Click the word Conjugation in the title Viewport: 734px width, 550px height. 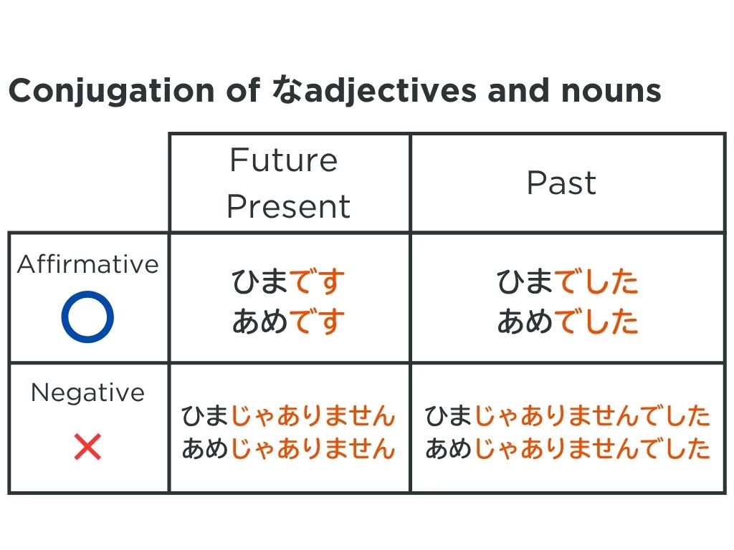coord(112,91)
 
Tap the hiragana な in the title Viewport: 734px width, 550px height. coord(287,90)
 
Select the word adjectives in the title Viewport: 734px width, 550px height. coord(391,91)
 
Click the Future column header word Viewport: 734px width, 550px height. coord(284,160)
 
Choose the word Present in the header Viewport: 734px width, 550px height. coord(289,206)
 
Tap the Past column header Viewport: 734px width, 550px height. coord(561,183)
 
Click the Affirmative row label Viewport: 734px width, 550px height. coord(88,264)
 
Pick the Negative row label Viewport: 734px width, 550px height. coord(87,393)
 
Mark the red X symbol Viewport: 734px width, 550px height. coord(87,447)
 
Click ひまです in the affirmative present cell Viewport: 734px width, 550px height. coord(288,281)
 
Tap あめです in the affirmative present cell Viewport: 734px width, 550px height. coord(288,322)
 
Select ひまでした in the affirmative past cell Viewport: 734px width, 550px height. coord(568,281)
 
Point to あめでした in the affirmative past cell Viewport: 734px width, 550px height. coord(568,322)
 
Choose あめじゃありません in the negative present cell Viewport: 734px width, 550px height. coord(288,448)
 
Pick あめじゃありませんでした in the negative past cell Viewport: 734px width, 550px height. coord(568,448)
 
